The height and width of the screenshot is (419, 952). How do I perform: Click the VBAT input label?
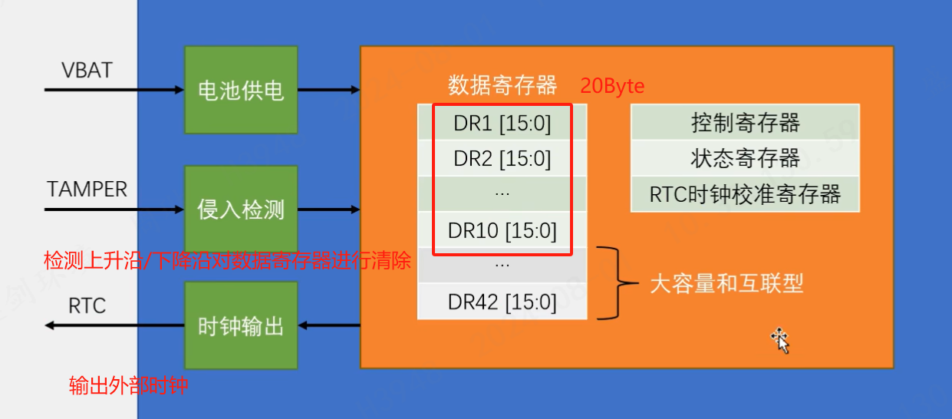(x=87, y=70)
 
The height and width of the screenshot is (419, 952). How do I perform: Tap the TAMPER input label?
(x=87, y=189)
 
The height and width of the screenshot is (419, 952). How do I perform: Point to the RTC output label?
(x=87, y=305)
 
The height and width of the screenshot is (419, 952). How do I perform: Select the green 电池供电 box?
(x=241, y=90)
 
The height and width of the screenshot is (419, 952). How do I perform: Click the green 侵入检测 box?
(x=241, y=209)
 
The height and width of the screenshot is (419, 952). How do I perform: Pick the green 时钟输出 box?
(x=241, y=325)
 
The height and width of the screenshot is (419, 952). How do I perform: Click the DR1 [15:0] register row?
(x=502, y=122)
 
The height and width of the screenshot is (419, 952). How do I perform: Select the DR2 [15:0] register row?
(x=502, y=158)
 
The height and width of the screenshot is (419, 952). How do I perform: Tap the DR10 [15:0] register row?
(x=502, y=230)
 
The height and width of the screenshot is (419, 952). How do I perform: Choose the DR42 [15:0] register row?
(x=502, y=302)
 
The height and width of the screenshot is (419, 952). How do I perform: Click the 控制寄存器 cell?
(x=745, y=122)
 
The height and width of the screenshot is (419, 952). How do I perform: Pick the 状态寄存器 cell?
(x=745, y=158)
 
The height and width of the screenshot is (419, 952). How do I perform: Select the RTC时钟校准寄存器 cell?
(x=745, y=194)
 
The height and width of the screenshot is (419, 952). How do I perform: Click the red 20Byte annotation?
(x=612, y=86)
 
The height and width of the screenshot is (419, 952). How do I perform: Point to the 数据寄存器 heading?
(x=502, y=85)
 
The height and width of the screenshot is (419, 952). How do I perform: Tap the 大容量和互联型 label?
(x=726, y=283)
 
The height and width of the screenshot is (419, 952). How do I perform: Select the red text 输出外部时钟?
(x=128, y=386)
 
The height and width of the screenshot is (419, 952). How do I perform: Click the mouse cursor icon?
(x=781, y=341)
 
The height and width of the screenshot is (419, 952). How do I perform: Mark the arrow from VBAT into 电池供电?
(x=114, y=90)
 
